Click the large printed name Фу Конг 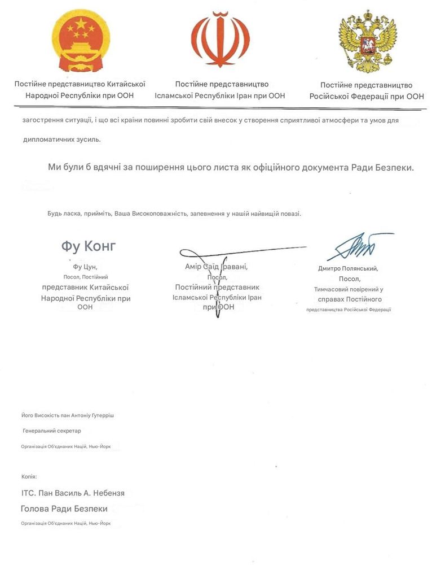click(x=89, y=246)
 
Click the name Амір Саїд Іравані click(x=216, y=266)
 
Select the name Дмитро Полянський click(x=348, y=269)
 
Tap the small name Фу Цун click(x=86, y=266)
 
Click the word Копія click(x=29, y=477)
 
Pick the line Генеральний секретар click(x=52, y=431)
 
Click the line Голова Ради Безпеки click(x=64, y=508)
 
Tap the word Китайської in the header click(x=126, y=84)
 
